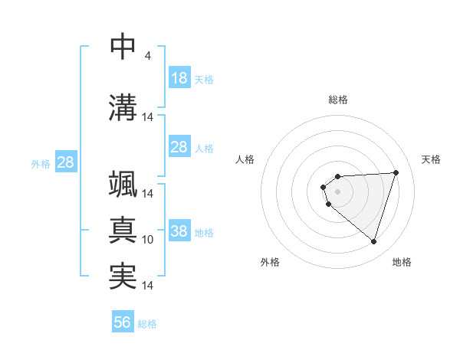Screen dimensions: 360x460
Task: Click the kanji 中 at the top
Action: pyautogui.click(x=123, y=47)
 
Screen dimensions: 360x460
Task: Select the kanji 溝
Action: pyautogui.click(x=123, y=106)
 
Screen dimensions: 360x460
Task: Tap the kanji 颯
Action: pyautogui.click(x=123, y=186)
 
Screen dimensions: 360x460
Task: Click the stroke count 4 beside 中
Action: pyautogui.click(x=147, y=56)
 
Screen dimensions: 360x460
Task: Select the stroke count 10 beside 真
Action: pyautogui.click(x=148, y=240)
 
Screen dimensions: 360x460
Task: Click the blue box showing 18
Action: pyautogui.click(x=179, y=78)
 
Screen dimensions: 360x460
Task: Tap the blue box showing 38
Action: pyautogui.click(x=179, y=231)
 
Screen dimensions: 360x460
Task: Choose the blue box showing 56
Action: pyautogui.click(x=123, y=322)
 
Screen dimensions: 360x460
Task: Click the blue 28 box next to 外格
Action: pyautogui.click(x=65, y=162)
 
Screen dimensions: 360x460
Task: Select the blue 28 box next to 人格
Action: pyautogui.click(x=179, y=147)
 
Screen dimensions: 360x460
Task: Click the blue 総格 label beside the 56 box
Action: pyautogui.click(x=147, y=324)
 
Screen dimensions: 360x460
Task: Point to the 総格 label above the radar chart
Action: pyautogui.click(x=337, y=100)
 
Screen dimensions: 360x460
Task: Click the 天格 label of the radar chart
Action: pyautogui.click(x=432, y=159)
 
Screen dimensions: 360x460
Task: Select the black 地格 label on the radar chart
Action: pyautogui.click(x=402, y=262)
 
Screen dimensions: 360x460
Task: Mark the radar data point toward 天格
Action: pyautogui.click(x=396, y=172)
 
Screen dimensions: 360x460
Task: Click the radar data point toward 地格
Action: pyautogui.click(x=373, y=241)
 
